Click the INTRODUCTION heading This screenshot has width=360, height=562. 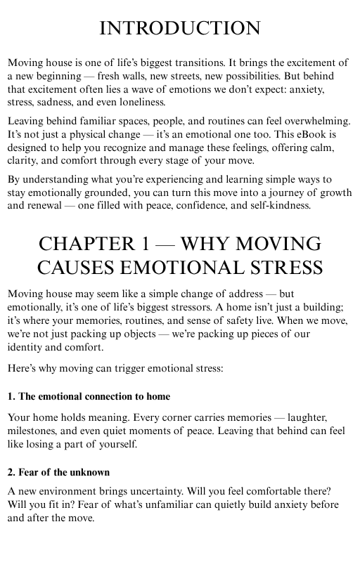180,28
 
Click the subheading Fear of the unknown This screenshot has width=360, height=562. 58,471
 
